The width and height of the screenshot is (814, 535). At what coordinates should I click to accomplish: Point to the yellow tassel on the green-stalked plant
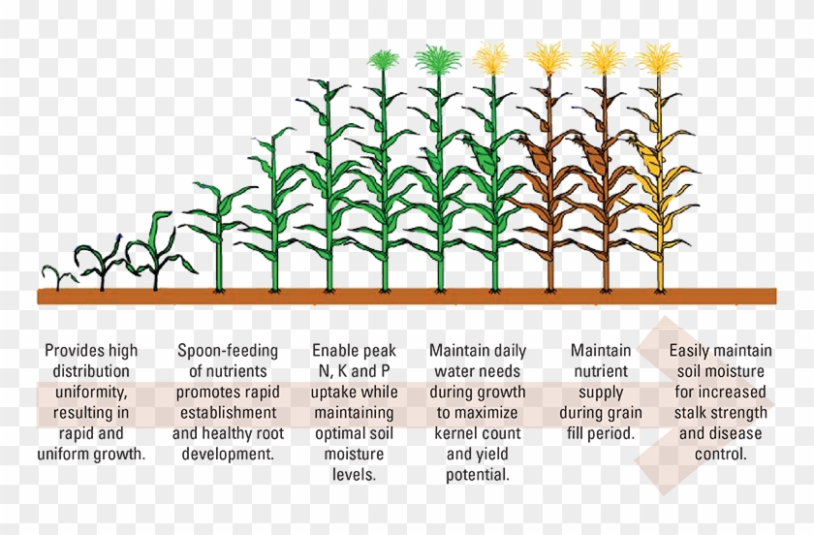(x=493, y=60)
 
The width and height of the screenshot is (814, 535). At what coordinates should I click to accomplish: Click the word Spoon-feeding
(x=227, y=351)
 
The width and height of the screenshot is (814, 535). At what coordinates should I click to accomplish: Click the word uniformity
(x=91, y=392)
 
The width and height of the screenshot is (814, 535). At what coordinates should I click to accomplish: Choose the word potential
(x=478, y=475)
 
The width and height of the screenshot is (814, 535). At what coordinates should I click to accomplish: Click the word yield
(x=492, y=454)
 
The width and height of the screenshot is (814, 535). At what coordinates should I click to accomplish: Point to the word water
(x=450, y=371)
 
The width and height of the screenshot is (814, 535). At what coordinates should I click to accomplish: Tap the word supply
(x=601, y=392)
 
